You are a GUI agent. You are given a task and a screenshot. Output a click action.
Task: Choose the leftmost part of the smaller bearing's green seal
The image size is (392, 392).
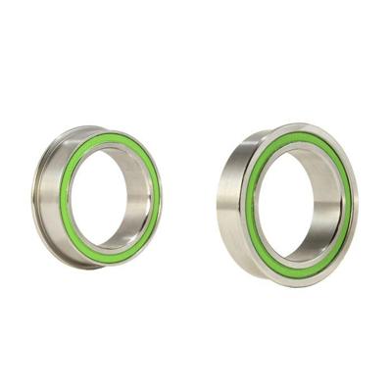tap(62, 201)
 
